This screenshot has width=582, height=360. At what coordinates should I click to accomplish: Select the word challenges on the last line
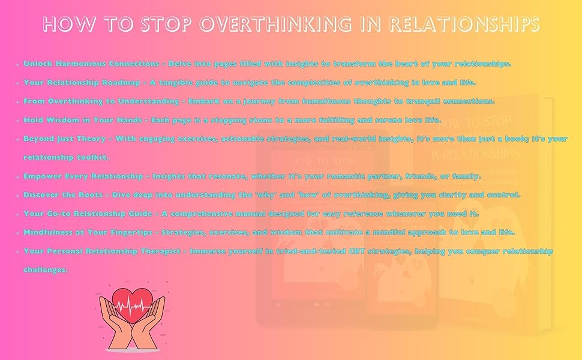46,270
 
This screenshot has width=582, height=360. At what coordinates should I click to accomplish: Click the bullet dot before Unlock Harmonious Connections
18,64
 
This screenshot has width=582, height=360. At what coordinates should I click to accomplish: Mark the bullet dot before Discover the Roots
18,196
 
